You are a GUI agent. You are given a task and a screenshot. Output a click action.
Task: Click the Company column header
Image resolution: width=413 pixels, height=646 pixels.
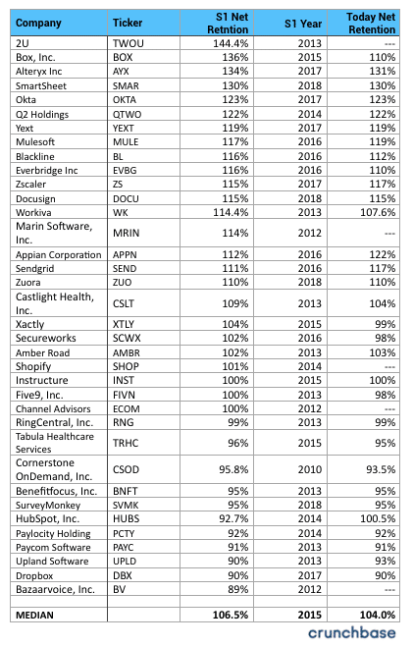39,22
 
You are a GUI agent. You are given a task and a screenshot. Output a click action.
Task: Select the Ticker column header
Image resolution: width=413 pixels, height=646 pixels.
128,22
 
